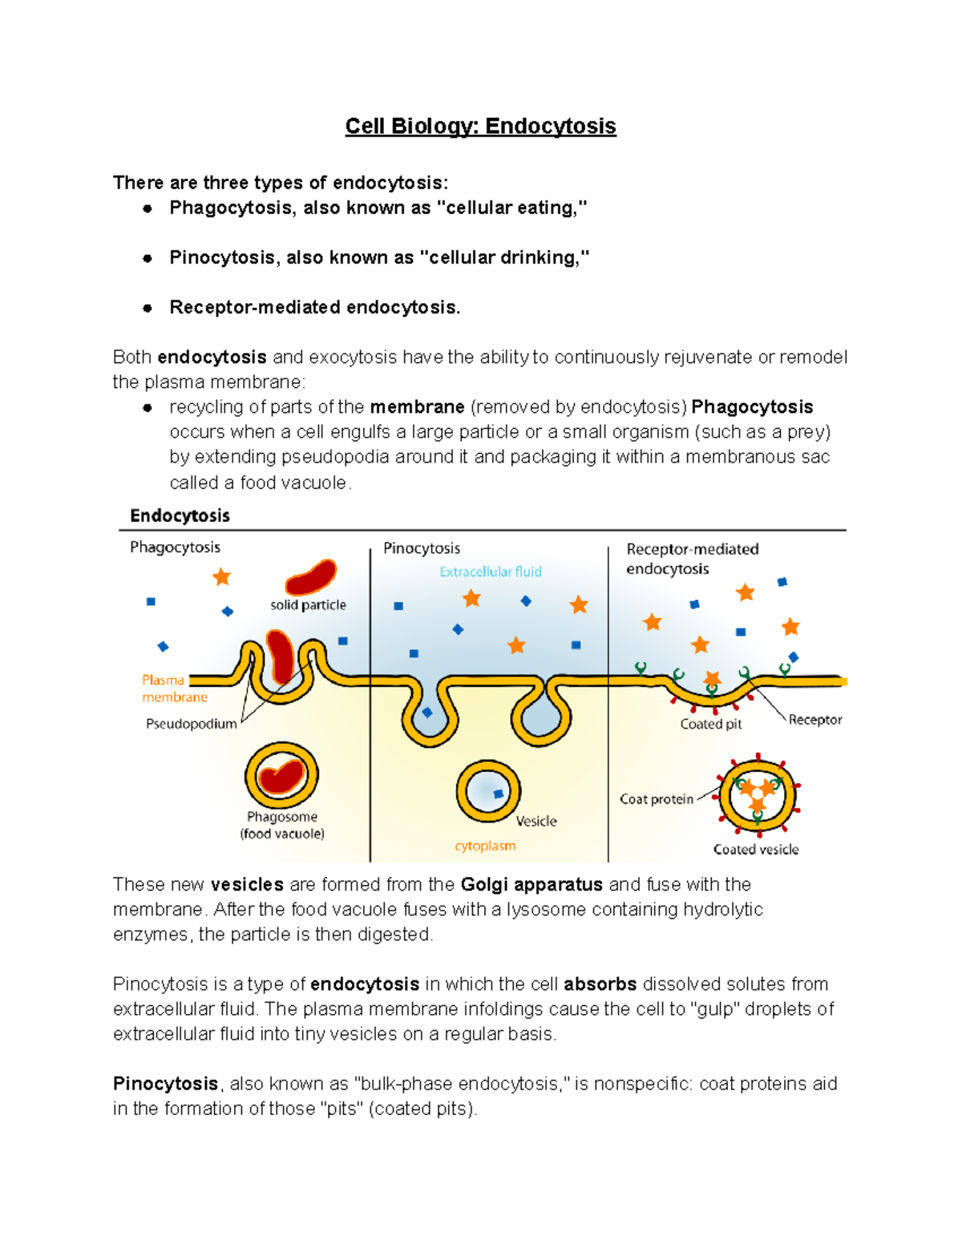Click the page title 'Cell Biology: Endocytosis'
pos(480,127)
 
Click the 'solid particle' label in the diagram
pos(308,605)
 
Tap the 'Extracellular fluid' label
pos(490,572)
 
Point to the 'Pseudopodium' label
pos(191,724)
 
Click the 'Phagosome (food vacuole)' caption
pos(282,825)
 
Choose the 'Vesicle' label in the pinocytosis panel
pos(536,821)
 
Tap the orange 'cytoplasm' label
pos(485,846)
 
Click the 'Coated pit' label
pos(710,724)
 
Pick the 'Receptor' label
pos(814,720)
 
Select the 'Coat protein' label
pos(656,799)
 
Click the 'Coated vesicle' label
pos(756,850)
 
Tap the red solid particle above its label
pos(311,576)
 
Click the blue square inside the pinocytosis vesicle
pos(498,794)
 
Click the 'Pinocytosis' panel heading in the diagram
pos(422,548)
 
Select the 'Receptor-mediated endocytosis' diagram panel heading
pos(692,559)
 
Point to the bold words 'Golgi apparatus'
pos(532,884)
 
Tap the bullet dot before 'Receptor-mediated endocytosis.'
pos(148,308)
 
